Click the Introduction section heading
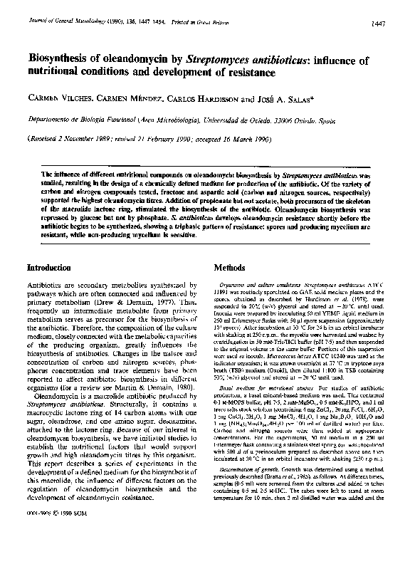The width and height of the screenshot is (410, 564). click(x=51, y=268)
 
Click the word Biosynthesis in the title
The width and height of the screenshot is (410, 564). click(x=58, y=61)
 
